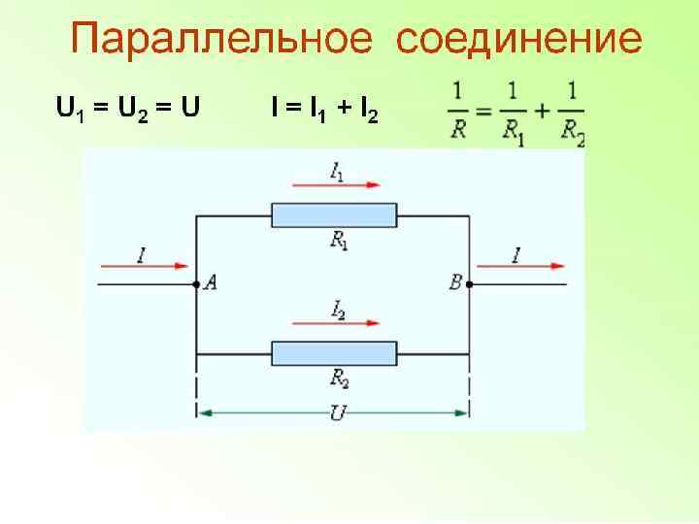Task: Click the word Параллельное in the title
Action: click(x=221, y=40)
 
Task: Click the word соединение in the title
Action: click(x=519, y=40)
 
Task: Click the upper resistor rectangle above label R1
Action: click(x=334, y=214)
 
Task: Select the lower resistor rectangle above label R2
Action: click(x=334, y=353)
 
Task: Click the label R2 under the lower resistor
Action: click(x=339, y=378)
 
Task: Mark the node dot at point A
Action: click(x=197, y=284)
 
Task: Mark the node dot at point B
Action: click(x=470, y=284)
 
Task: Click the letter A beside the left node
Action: click(x=210, y=282)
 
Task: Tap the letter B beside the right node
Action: click(x=455, y=282)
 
